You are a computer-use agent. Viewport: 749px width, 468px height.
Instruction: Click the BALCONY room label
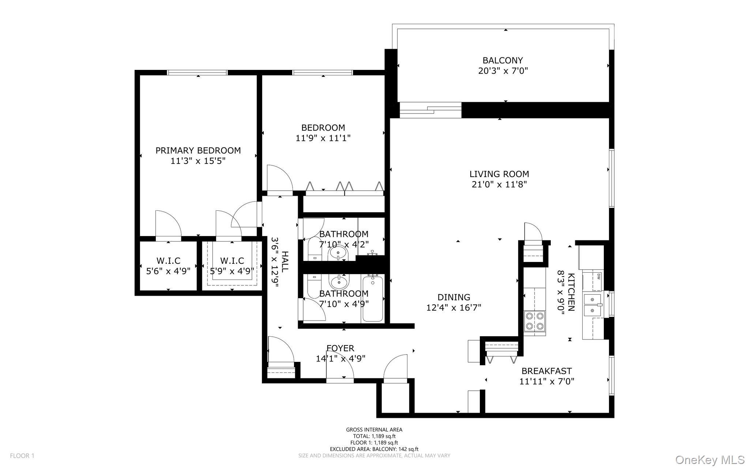click(x=503, y=60)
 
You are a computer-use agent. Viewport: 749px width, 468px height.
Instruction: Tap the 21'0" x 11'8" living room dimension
click(x=499, y=184)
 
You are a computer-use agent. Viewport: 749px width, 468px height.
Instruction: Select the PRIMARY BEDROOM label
click(x=198, y=150)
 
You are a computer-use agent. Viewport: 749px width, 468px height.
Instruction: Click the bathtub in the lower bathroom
click(x=373, y=299)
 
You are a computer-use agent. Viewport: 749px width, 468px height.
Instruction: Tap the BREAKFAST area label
click(x=546, y=371)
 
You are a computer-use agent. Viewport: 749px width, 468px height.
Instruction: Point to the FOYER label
click(x=340, y=348)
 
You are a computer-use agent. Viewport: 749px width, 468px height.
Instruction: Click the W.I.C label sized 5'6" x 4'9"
click(x=168, y=261)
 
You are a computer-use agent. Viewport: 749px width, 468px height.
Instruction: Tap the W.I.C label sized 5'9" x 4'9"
click(x=232, y=261)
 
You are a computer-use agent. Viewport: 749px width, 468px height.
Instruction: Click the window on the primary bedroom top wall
click(x=197, y=72)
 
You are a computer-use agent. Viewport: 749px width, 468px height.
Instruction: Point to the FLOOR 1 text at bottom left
click(x=22, y=456)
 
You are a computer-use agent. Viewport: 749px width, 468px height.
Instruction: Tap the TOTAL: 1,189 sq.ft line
click(x=374, y=436)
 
